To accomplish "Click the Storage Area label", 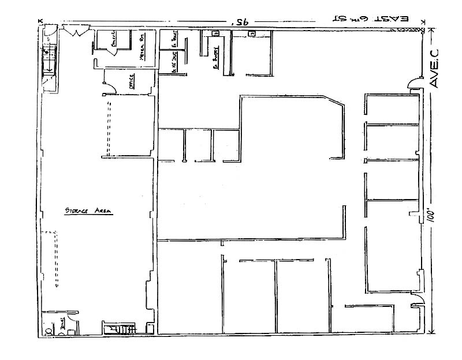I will [88, 212].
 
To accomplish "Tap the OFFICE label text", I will [132, 81].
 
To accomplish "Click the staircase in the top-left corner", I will [49, 60].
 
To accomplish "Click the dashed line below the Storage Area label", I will [57, 260].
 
